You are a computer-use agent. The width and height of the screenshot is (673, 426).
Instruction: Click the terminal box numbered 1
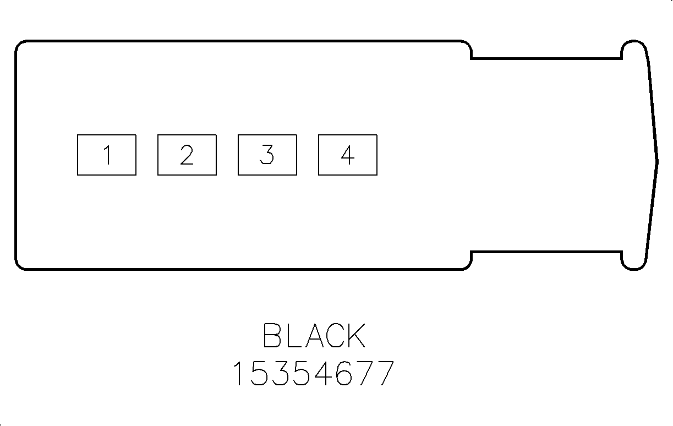point(107,155)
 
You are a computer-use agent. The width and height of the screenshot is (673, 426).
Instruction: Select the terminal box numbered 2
point(187,155)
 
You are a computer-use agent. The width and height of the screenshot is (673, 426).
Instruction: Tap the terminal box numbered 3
point(267,155)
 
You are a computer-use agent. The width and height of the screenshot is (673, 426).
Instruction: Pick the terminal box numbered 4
point(348,155)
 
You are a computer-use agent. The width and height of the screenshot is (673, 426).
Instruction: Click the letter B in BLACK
point(273,336)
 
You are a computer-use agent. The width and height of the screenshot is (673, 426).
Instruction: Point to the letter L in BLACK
point(294,336)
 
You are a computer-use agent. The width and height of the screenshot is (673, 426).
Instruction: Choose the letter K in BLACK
point(357,336)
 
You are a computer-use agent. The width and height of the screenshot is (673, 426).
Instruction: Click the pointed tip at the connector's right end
point(656,162)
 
